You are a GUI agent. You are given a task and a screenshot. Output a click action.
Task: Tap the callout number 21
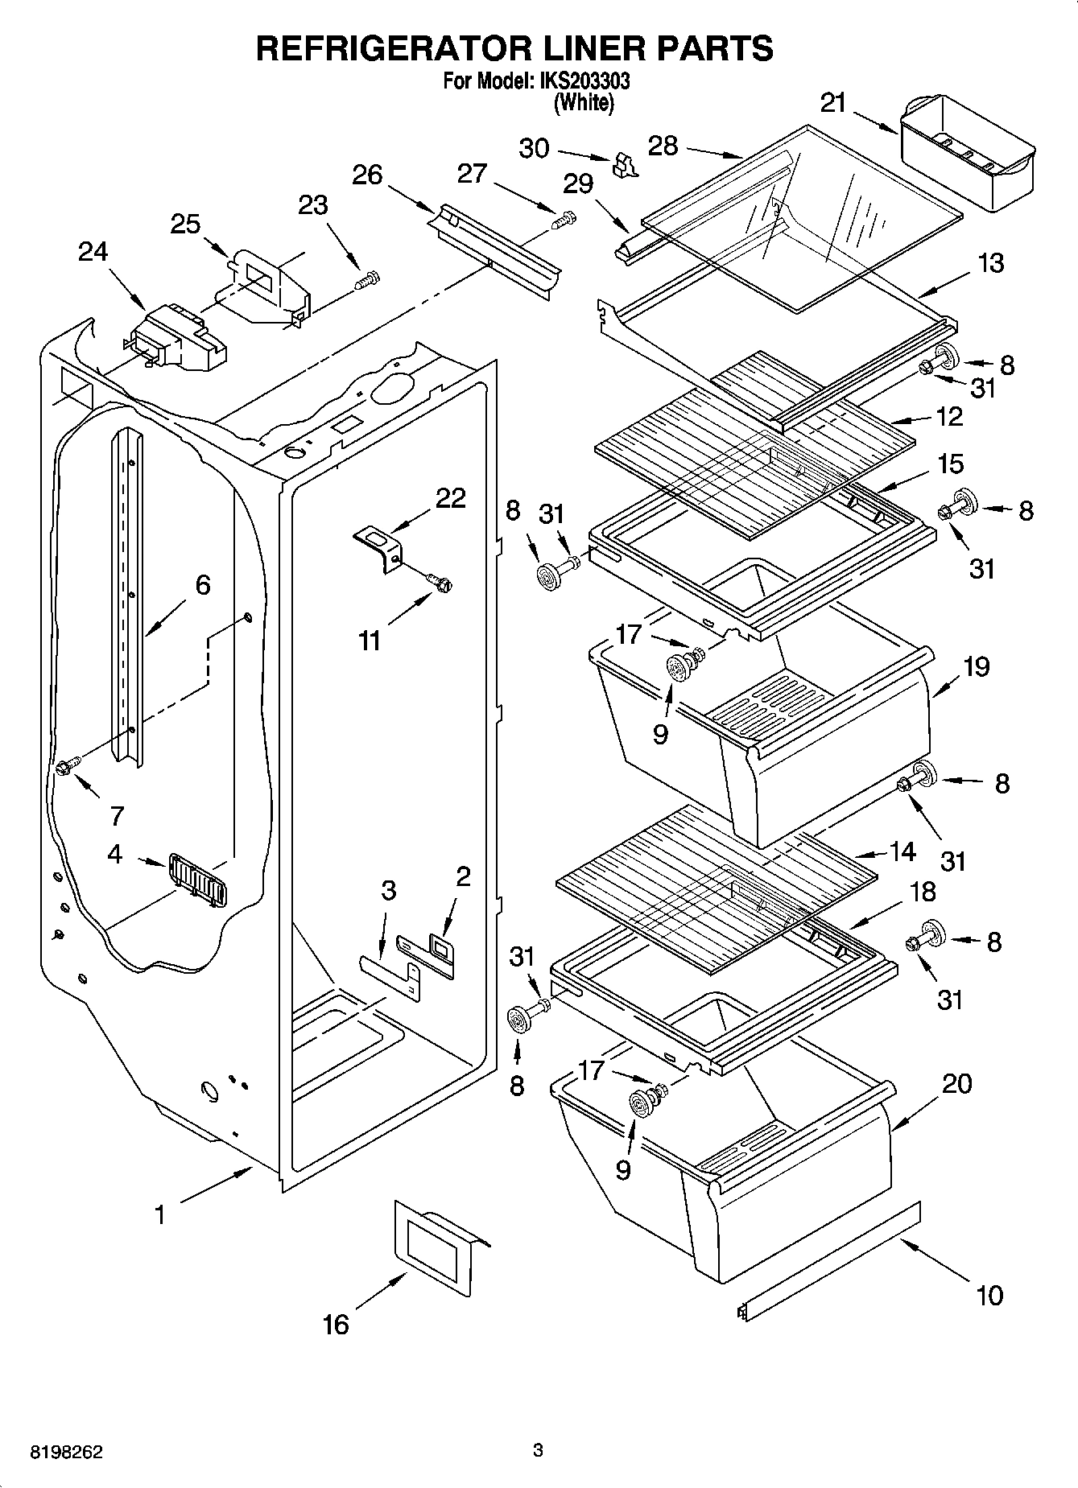coord(834,102)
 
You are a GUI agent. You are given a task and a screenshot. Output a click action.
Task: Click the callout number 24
coord(93,252)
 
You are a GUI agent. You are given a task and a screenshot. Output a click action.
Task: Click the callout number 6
coord(203,584)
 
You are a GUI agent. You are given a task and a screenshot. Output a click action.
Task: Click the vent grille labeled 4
coord(197,880)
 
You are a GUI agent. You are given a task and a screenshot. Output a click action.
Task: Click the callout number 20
coord(956,1083)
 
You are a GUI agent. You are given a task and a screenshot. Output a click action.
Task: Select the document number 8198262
coord(66,1453)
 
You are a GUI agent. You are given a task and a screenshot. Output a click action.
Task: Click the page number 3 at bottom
coord(538,1451)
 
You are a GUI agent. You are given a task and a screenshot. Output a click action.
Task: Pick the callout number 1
coord(159,1214)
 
